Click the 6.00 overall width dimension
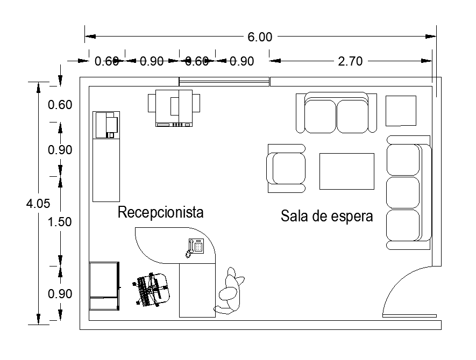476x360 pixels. [x=260, y=37]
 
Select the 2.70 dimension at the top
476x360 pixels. [x=350, y=61]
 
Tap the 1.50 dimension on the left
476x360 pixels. [x=60, y=222]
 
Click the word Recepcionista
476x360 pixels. [x=161, y=212]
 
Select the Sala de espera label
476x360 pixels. [x=327, y=217]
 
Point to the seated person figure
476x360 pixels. [x=230, y=293]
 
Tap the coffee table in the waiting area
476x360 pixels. [x=347, y=171]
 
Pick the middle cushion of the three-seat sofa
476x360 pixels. [x=403, y=192]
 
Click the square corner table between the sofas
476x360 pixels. [x=401, y=111]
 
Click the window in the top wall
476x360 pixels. [x=224, y=82]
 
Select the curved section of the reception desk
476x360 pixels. [x=161, y=244]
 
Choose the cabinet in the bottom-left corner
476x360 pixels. [x=104, y=285]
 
